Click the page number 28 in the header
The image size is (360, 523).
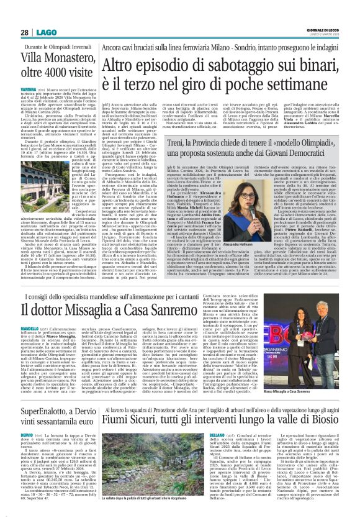25,32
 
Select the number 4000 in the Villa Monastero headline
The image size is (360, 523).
67,77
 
